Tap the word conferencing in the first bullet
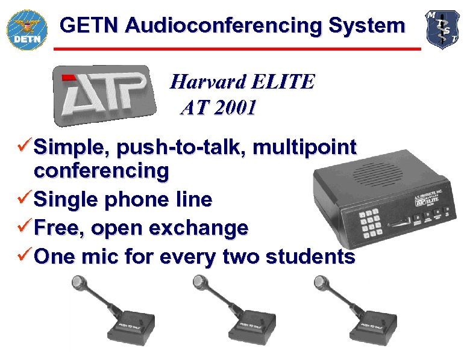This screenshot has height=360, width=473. click(x=101, y=172)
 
